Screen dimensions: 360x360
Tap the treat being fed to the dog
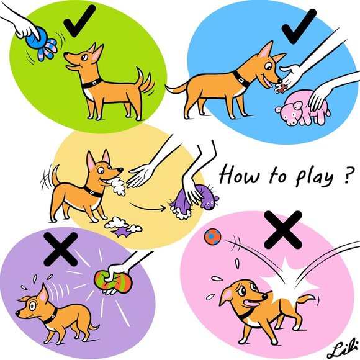(281, 86)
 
